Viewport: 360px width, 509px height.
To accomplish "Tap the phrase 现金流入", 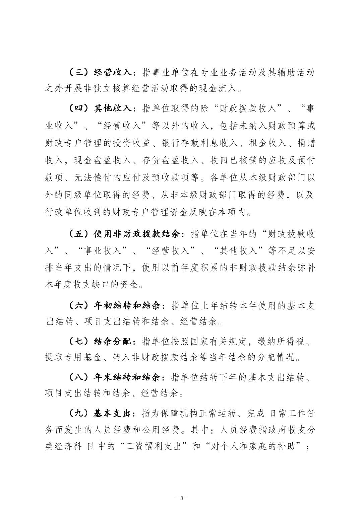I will [217, 88].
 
